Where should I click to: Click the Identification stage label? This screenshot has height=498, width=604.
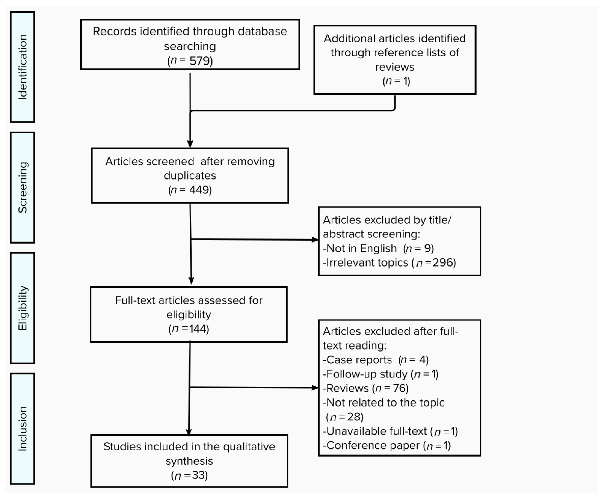click(22, 67)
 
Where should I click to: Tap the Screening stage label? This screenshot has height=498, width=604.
click(22, 187)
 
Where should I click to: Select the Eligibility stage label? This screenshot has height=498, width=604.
click(22, 308)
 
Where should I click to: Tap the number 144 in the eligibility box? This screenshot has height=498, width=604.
click(198, 328)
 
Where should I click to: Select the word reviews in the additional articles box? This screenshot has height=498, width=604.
click(395, 67)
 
